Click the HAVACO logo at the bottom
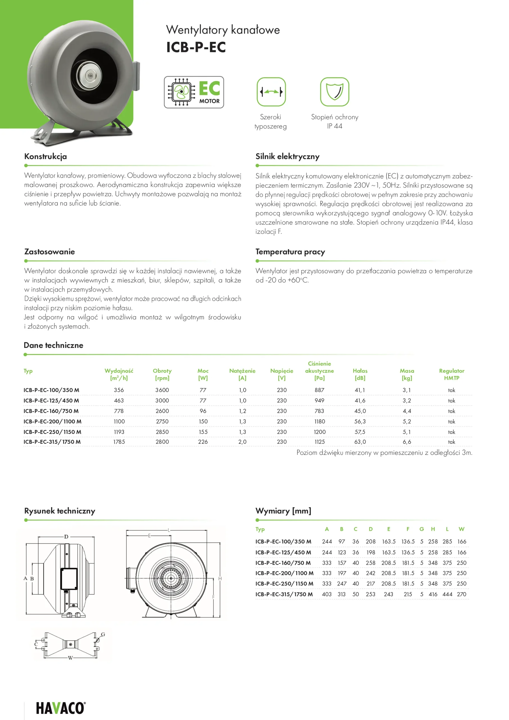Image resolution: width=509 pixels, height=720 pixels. pyautogui.click(x=60, y=708)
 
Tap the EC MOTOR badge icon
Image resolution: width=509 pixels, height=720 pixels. pyautogui.click(x=194, y=92)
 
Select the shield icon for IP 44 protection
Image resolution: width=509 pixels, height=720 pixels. pyautogui.click(x=334, y=92)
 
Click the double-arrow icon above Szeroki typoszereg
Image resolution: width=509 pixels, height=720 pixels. pyautogui.click(x=271, y=92)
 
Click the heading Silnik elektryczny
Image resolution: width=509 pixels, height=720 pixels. pyautogui.click(x=287, y=156)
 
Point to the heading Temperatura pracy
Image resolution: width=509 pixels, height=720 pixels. pyautogui.click(x=290, y=251)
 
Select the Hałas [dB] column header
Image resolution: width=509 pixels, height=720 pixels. pyautogui.click(x=360, y=374)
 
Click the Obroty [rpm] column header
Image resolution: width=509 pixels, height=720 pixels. pyautogui.click(x=162, y=374)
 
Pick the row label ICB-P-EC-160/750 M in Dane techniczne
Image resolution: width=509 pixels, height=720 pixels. pyautogui.click(x=51, y=411)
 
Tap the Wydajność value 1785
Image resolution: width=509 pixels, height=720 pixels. pyautogui.click(x=119, y=442)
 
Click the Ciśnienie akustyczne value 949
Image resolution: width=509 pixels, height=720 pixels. pyautogui.click(x=319, y=400)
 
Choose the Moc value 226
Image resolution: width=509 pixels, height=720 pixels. pyautogui.click(x=203, y=442)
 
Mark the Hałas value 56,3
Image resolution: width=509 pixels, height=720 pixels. pyautogui.click(x=360, y=422)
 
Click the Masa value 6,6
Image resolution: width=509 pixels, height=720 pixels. pyautogui.click(x=407, y=442)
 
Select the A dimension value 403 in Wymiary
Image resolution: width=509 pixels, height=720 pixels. pyautogui.click(x=326, y=594)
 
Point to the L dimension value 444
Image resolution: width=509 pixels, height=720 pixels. pyautogui.click(x=447, y=594)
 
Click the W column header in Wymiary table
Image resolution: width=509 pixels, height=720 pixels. pyautogui.click(x=461, y=529)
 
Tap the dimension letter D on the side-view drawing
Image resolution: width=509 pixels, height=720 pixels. pyautogui.click(x=66, y=537)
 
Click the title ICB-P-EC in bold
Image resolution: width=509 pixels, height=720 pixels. pyautogui.click(x=196, y=47)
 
